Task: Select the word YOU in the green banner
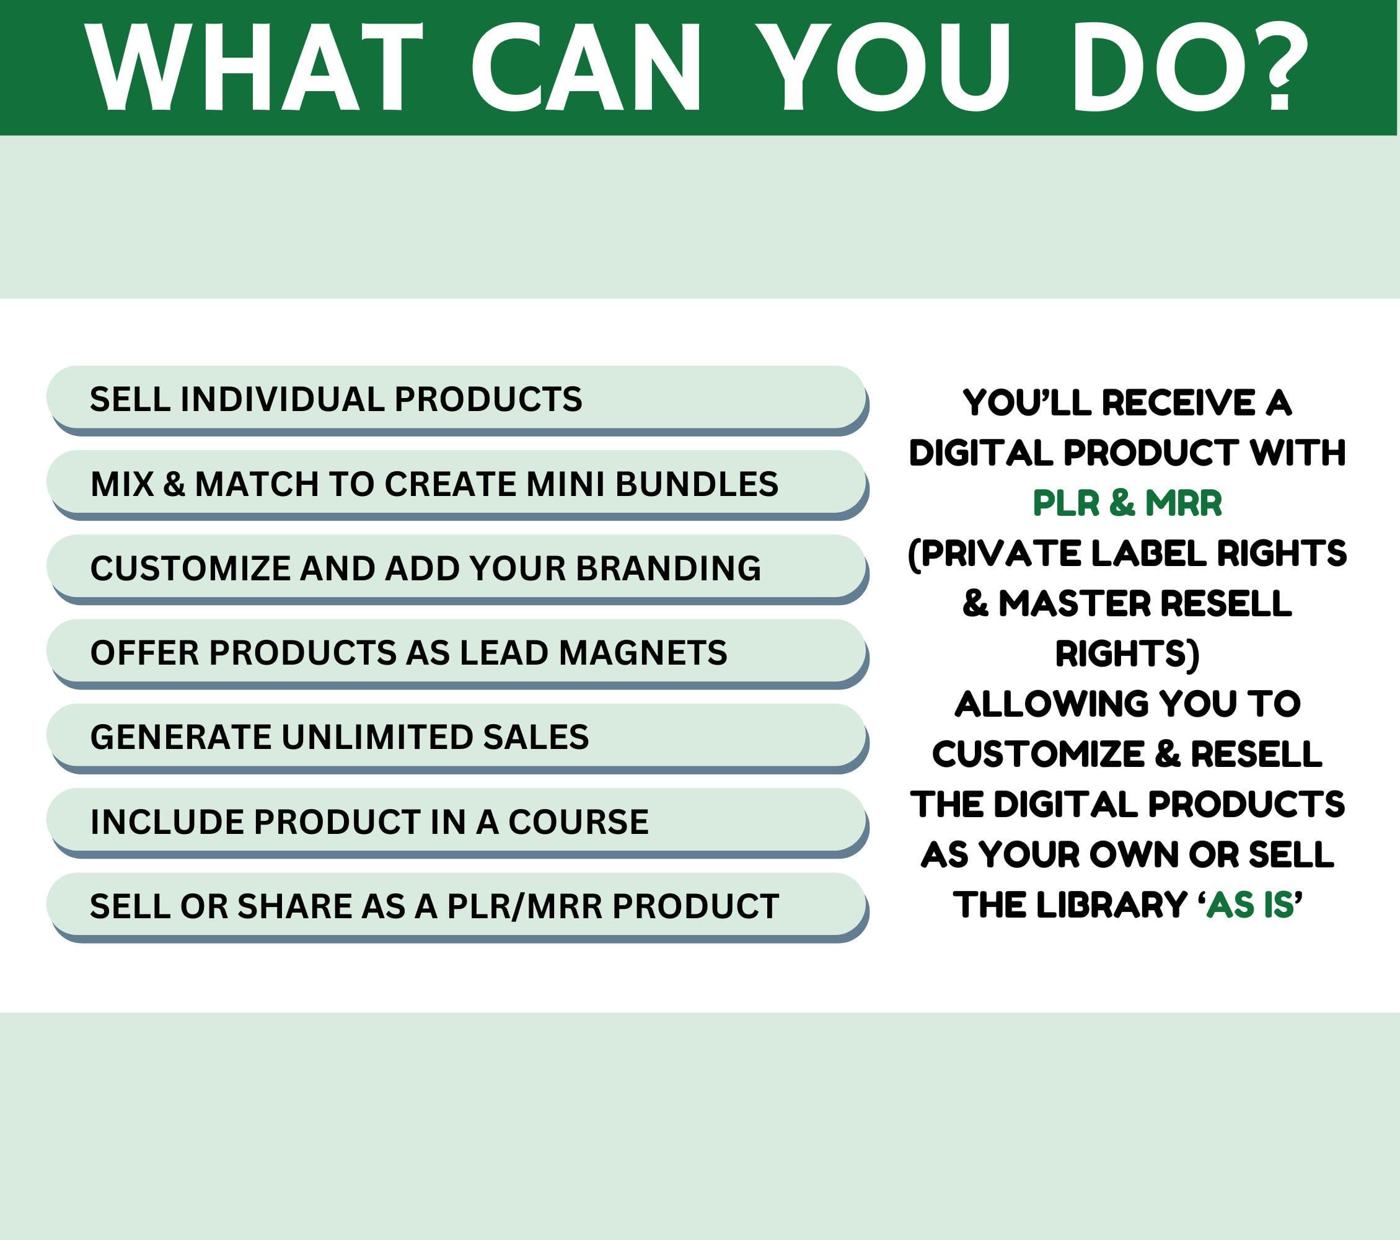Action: (886, 66)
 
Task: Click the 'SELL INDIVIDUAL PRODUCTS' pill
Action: (457, 399)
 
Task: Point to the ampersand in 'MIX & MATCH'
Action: (174, 484)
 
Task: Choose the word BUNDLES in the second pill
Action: (697, 484)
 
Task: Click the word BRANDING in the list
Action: (669, 568)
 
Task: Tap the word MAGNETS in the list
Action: (643, 652)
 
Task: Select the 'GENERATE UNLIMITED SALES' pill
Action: (457, 737)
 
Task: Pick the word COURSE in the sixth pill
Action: (578, 821)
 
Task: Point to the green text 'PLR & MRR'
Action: (1127, 503)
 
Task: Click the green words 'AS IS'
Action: (1250, 905)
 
